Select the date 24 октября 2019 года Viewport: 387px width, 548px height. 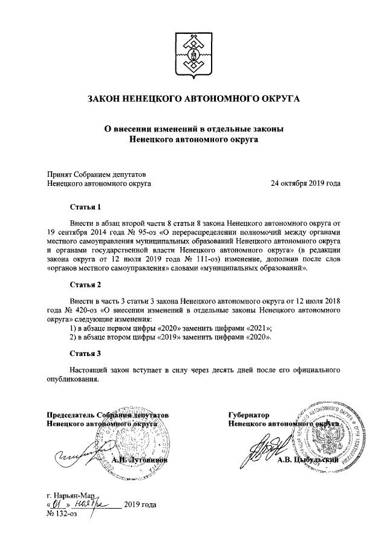305,182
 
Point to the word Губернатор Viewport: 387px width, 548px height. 248,415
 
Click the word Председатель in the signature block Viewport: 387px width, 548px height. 72,415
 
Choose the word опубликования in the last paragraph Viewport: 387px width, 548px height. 71,379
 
